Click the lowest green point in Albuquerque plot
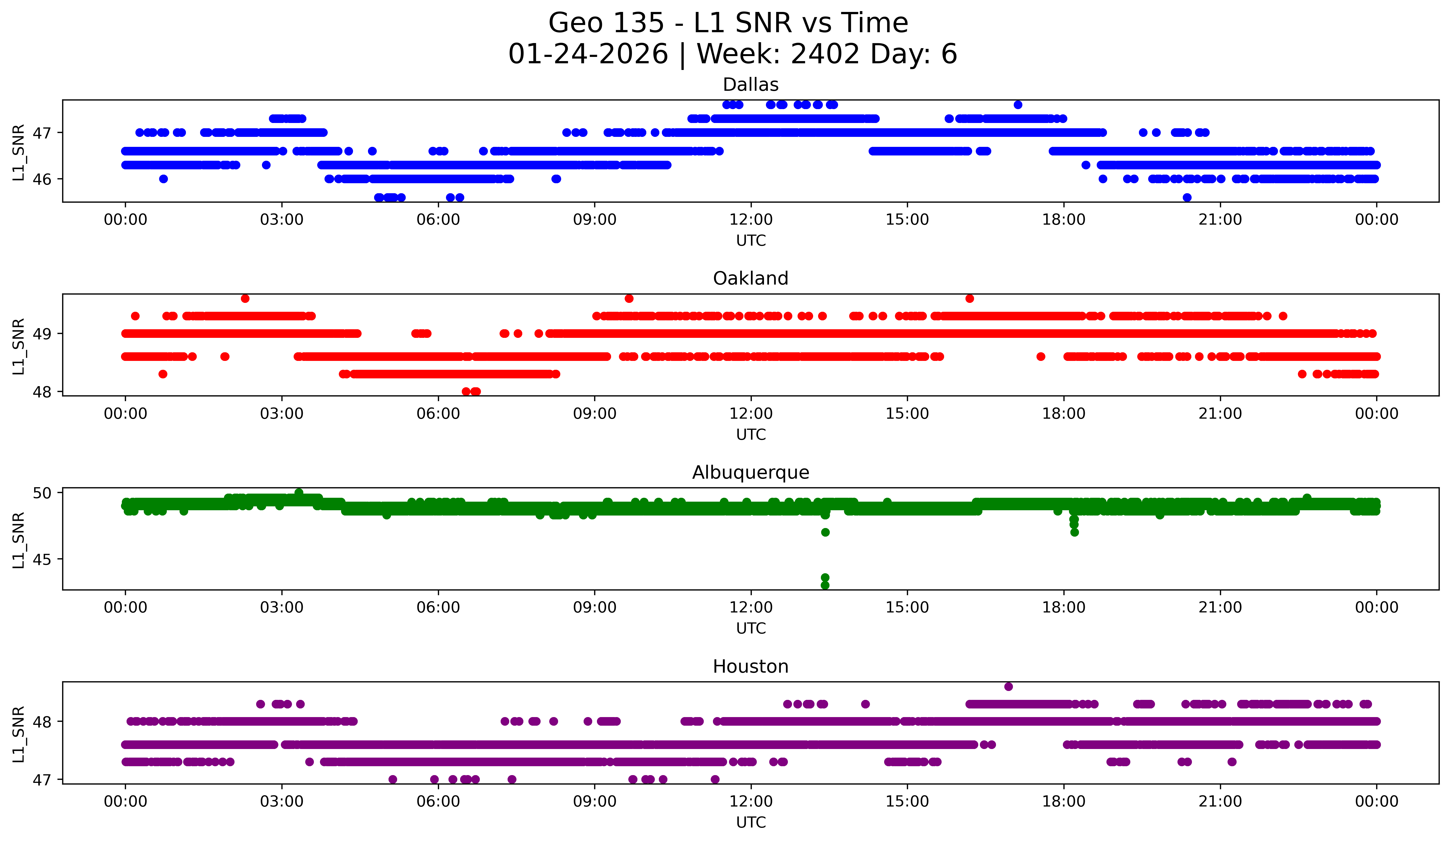point(825,585)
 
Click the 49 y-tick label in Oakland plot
point(42,334)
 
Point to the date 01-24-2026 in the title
point(588,54)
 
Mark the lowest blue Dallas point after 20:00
point(1187,197)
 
